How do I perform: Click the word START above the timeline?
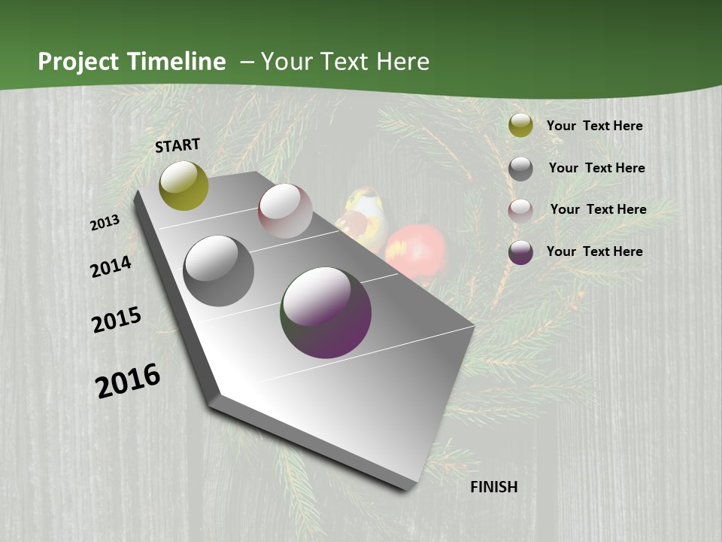coord(177,145)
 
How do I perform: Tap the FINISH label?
coord(494,487)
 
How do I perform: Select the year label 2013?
coord(105,222)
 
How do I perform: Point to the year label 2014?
coord(111,267)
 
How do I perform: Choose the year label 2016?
coord(128,380)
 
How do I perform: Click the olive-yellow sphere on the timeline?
coord(184,186)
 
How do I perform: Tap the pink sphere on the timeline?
coord(285,211)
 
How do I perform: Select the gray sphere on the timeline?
coord(219,271)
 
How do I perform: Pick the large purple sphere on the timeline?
coord(326,312)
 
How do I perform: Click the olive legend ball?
coord(520,126)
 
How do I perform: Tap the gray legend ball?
coord(520,169)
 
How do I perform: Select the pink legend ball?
coord(520,211)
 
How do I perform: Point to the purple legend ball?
coord(520,253)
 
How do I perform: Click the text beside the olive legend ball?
coord(594,126)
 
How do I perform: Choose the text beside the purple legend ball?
coord(594,251)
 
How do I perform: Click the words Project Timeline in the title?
coord(132,62)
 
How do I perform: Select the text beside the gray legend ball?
coord(596,168)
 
